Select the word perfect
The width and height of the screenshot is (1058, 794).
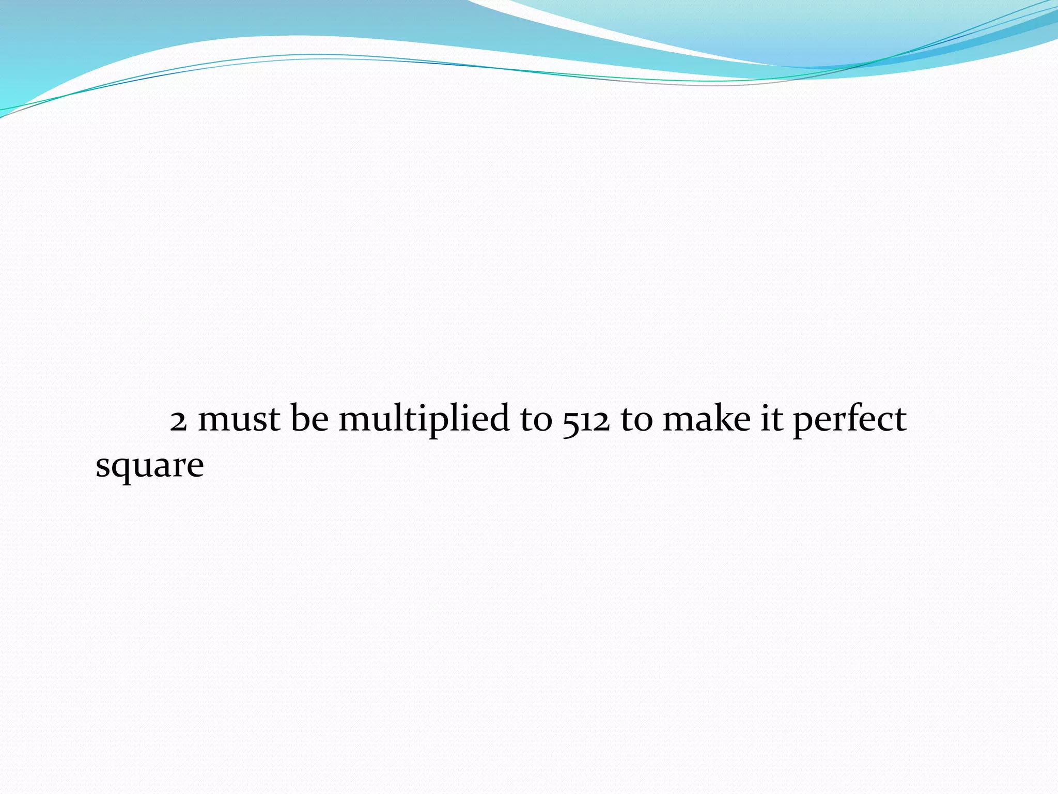pyautogui.click(x=849, y=420)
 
